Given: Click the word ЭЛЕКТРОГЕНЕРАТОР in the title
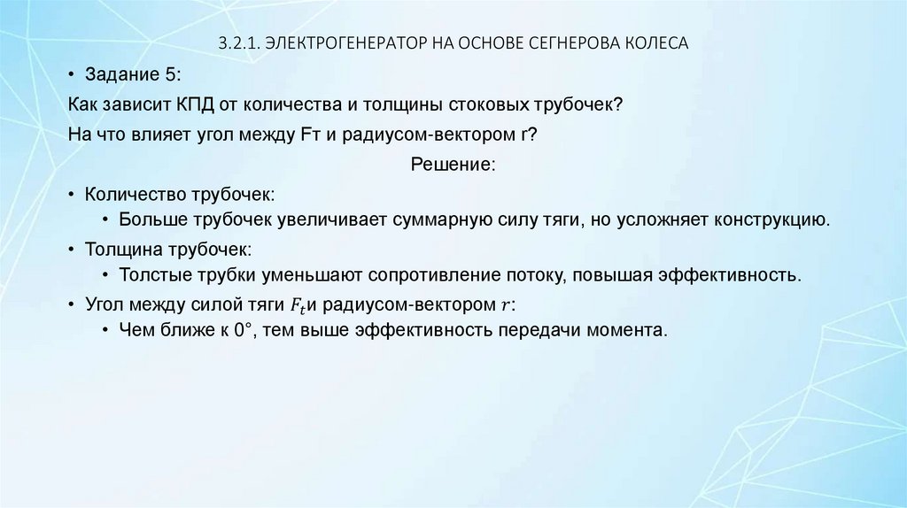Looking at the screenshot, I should tap(336, 43).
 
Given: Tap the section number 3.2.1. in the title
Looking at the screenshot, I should tap(240, 43).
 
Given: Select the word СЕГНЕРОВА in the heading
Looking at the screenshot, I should tap(556, 43).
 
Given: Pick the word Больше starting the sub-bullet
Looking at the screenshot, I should tap(150, 219).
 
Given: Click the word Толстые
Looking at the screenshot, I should tap(151, 274).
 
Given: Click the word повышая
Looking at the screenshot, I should tap(610, 274).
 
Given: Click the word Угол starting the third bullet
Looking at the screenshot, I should tap(105, 304).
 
